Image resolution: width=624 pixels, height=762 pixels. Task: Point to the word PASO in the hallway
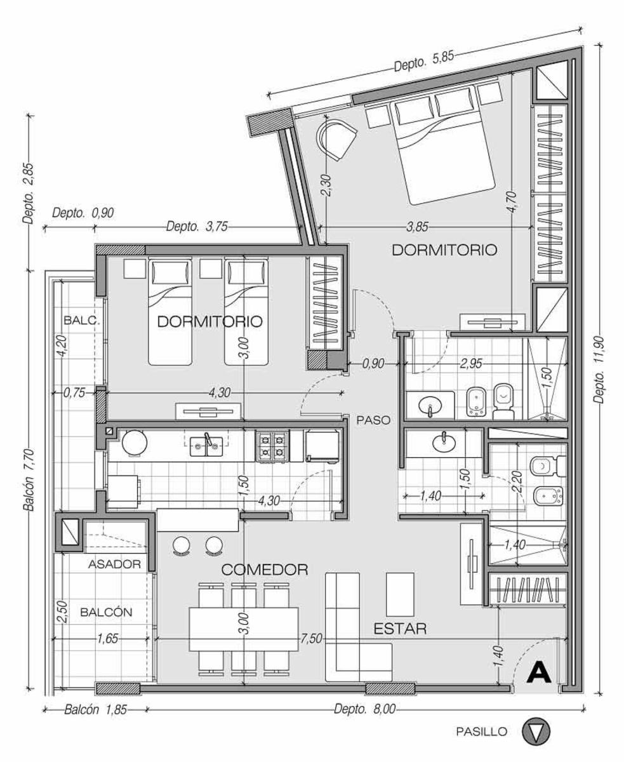pyautogui.click(x=373, y=420)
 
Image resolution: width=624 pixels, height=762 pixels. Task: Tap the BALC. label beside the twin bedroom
pyautogui.click(x=82, y=320)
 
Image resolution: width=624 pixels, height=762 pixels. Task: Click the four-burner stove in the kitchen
pyautogui.click(x=272, y=446)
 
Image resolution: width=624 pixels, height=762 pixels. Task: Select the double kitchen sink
pyautogui.click(x=206, y=446)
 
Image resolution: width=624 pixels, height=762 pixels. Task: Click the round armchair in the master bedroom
pyautogui.click(x=336, y=138)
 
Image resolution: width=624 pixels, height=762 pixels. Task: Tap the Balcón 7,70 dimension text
pyautogui.click(x=29, y=480)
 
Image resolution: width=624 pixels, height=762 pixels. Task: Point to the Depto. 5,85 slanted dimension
pyautogui.click(x=423, y=62)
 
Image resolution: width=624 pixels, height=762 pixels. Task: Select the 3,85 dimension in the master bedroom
pyautogui.click(x=418, y=227)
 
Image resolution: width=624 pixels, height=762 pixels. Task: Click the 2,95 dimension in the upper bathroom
pyautogui.click(x=471, y=363)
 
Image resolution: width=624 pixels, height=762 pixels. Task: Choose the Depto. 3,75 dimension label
pyautogui.click(x=197, y=227)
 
